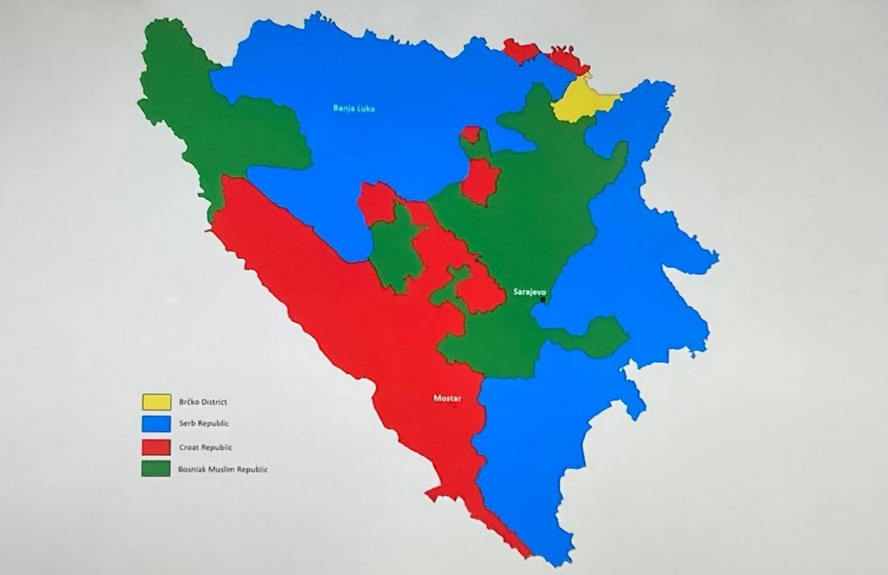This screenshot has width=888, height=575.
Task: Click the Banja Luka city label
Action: coord(354,108)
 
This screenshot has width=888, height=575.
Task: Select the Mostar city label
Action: coord(447,399)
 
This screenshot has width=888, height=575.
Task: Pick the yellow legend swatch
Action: coord(156,401)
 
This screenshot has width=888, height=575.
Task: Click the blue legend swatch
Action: coord(156,424)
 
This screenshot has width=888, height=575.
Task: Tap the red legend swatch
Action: coord(156,447)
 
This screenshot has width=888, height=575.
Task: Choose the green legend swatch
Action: coord(156,469)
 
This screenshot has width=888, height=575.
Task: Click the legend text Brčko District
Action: coord(203,402)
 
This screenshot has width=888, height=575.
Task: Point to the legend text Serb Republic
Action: coord(205,424)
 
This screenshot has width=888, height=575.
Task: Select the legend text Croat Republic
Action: coord(206,447)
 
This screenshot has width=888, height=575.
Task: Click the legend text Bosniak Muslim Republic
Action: coord(223,469)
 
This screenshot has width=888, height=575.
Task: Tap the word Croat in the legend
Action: coord(189,447)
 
